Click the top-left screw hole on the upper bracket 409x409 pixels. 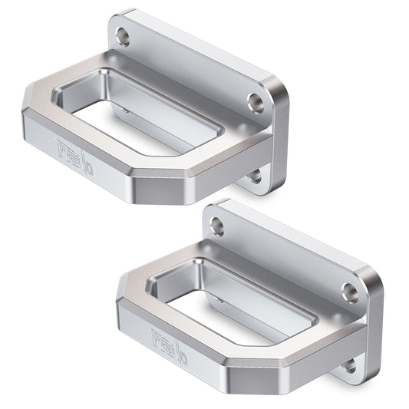[124, 35]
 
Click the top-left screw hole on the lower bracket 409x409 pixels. [218, 226]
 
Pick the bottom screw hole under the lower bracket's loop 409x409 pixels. [349, 366]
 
